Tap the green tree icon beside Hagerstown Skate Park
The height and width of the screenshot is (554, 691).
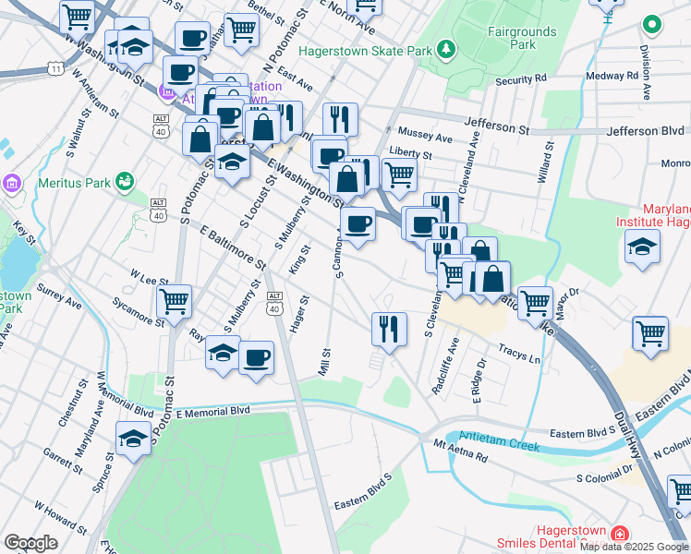446,47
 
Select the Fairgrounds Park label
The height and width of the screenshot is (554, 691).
523,38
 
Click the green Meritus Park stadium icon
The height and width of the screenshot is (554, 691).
124,182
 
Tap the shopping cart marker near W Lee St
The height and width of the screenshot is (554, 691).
174,301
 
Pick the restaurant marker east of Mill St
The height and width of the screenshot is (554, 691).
389,329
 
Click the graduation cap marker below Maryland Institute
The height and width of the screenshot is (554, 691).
642,247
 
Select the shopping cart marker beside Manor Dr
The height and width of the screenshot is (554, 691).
535,302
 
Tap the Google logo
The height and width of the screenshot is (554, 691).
30,543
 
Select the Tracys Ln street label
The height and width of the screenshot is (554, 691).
519,352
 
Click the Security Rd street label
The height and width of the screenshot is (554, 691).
521,80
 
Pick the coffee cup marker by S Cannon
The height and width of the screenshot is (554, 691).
358,223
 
